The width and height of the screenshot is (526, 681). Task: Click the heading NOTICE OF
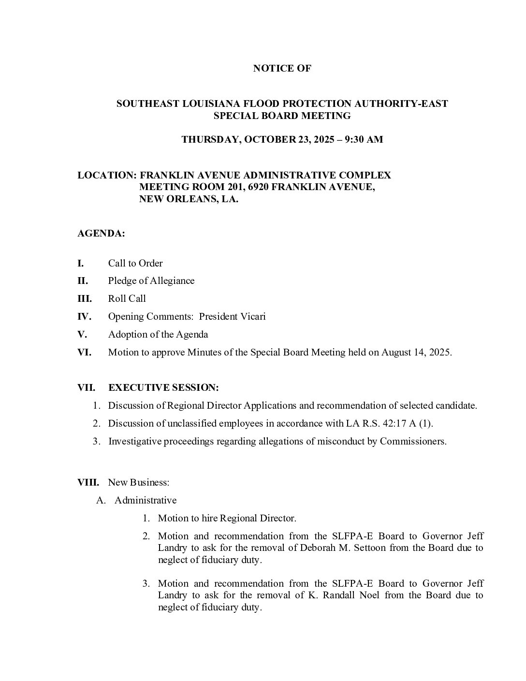point(282,69)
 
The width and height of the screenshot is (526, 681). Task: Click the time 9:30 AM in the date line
point(364,140)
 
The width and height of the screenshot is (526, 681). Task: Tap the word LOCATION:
point(107,176)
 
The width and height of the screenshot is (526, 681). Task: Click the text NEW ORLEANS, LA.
point(189,199)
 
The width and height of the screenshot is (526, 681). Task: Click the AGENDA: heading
point(101,234)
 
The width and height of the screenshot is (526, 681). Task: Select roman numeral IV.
point(84,317)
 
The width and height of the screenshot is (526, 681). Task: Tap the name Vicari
point(251,317)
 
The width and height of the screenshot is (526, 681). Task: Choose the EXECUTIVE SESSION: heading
point(163,388)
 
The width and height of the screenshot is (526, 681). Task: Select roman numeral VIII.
point(88,483)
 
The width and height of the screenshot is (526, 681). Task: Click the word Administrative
point(146,501)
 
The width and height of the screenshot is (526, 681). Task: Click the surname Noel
point(369,595)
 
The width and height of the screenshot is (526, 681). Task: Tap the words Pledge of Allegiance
point(151,281)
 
